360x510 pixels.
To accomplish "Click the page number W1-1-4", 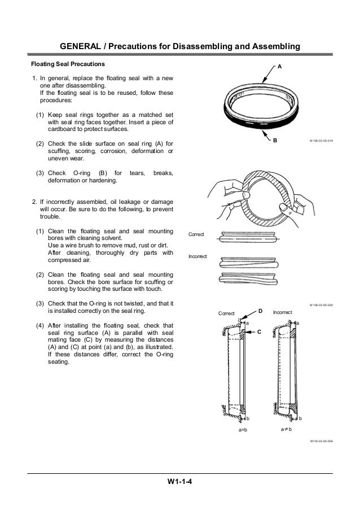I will pyautogui.click(x=180, y=482).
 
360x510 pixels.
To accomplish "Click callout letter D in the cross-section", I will pyautogui.click(x=261, y=311).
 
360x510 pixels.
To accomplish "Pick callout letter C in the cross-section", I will pyautogui.click(x=260, y=332).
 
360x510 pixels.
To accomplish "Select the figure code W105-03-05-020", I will pyautogui.click(x=321, y=305).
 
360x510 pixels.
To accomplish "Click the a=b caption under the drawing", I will pyautogui.click(x=242, y=430).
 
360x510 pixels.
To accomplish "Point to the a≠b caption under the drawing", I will pyautogui.click(x=286, y=430).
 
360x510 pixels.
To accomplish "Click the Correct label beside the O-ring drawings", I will pyautogui.click(x=197, y=234).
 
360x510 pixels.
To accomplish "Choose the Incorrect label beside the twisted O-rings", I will pyautogui.click(x=198, y=256).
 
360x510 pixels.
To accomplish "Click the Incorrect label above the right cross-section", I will pyautogui.click(x=282, y=312).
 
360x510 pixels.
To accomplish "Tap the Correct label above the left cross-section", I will pyautogui.click(x=227, y=312).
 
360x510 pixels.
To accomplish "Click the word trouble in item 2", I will pyautogui.click(x=51, y=216).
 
